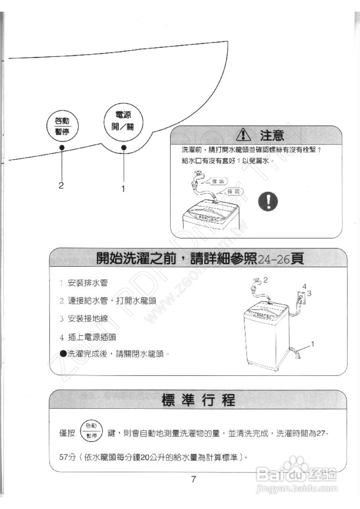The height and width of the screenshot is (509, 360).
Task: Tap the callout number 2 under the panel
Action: click(61, 185)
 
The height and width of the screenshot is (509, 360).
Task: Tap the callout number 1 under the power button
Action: click(123, 189)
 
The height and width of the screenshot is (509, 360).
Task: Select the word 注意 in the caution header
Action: click(272, 136)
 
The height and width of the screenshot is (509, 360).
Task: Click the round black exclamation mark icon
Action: click(267, 202)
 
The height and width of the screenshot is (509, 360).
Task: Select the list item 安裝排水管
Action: click(87, 283)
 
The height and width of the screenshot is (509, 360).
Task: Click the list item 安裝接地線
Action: click(87, 319)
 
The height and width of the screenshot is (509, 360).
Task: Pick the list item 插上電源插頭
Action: click(92, 337)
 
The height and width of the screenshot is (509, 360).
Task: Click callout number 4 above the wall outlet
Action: click(304, 286)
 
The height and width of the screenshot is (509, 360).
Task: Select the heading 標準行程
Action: click(198, 400)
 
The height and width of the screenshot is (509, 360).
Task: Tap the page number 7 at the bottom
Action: click(194, 479)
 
